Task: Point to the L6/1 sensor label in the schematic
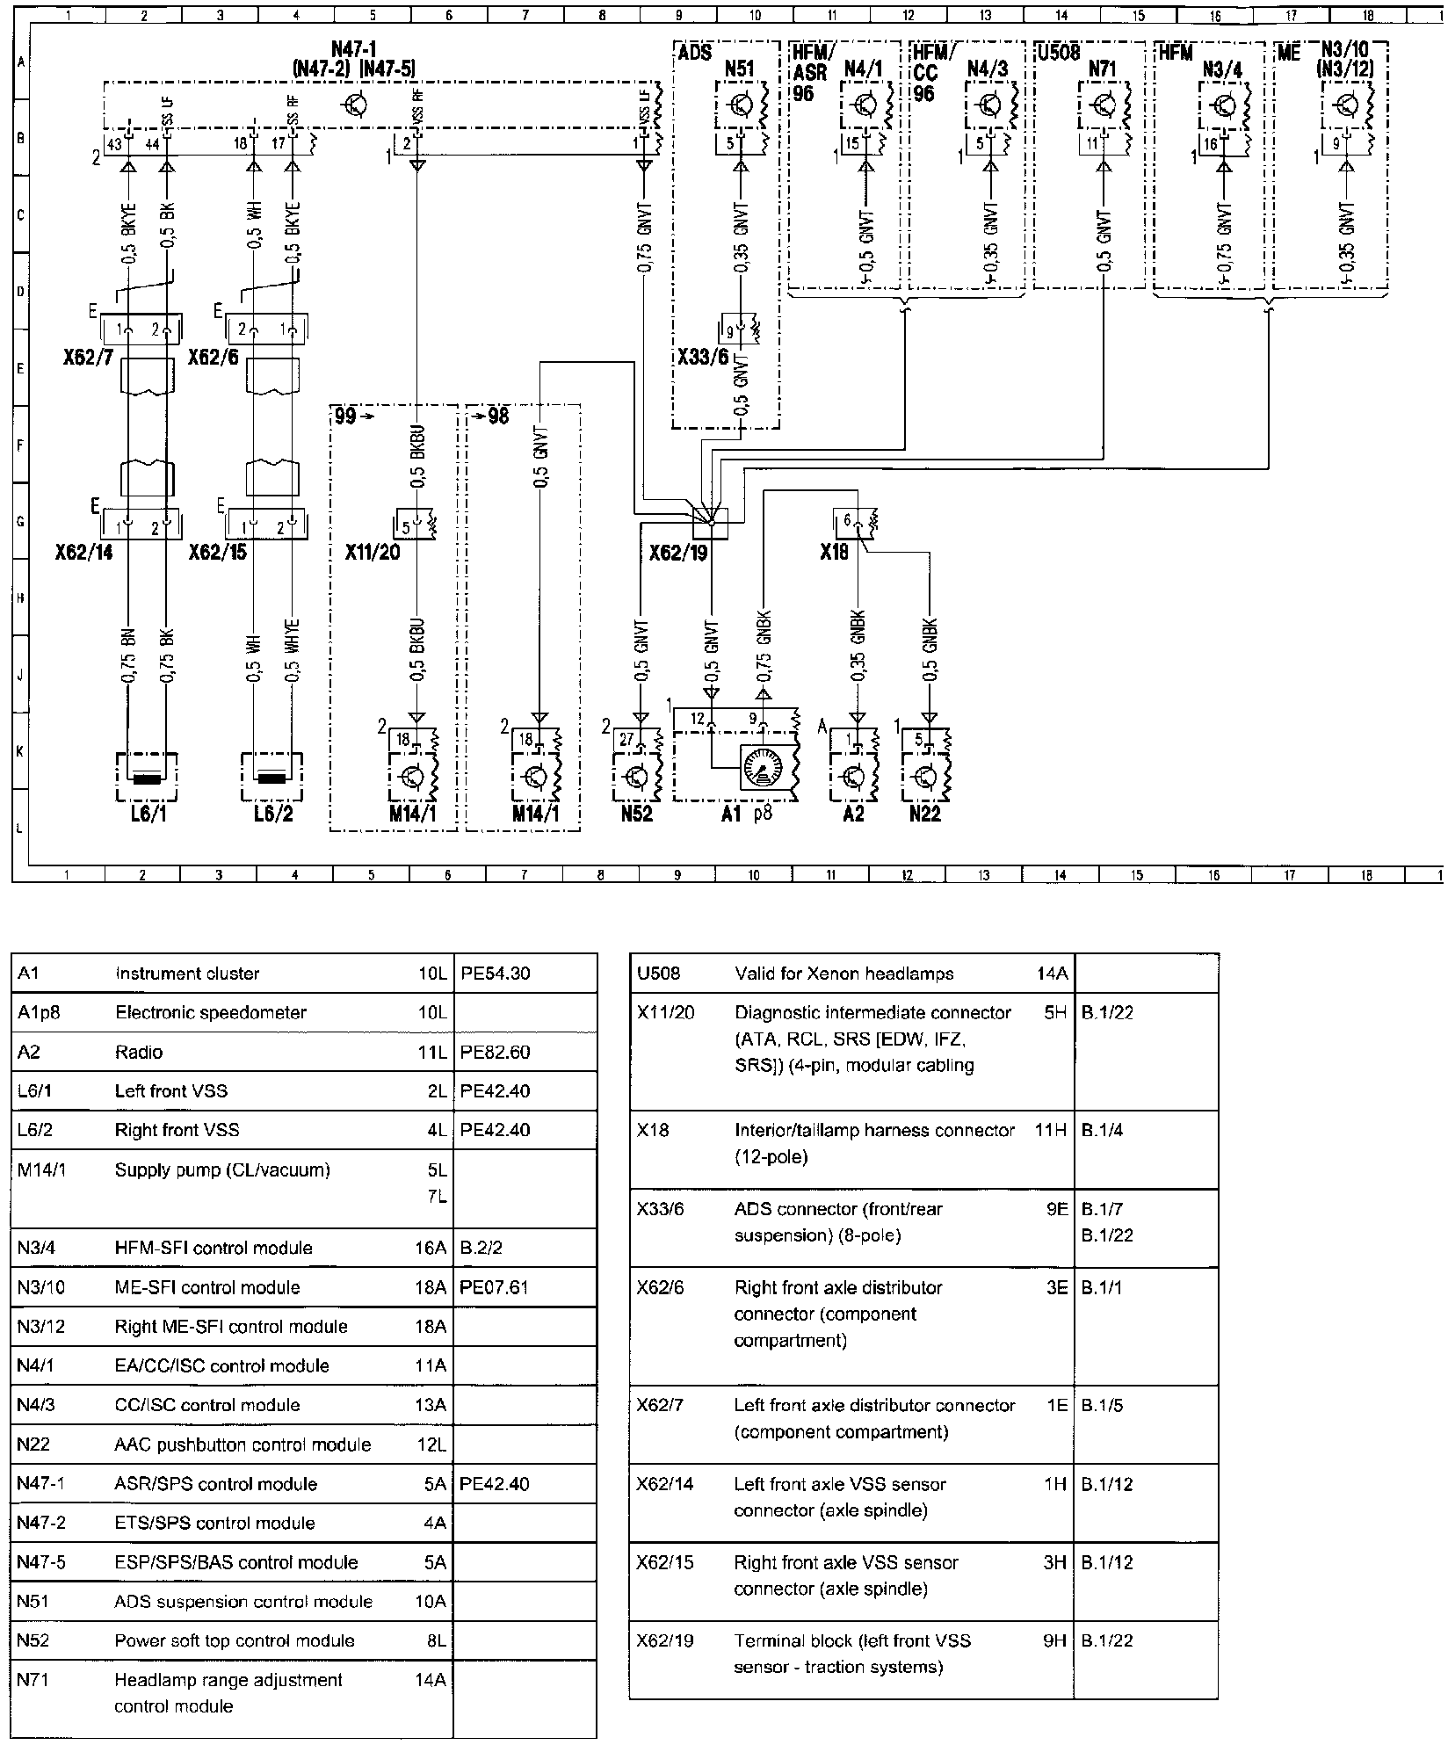pos(148,814)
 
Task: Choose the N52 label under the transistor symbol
pos(636,814)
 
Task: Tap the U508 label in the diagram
pos(1058,53)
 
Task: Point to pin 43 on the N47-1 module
pos(113,144)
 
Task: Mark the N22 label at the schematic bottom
pos(924,814)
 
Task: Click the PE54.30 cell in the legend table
pos(495,974)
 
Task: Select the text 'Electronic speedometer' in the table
pos(211,1012)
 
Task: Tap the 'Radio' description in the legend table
pos(139,1052)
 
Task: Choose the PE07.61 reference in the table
pos(495,1287)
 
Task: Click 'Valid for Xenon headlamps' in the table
pos(843,974)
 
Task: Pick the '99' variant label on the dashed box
pos(345,416)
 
